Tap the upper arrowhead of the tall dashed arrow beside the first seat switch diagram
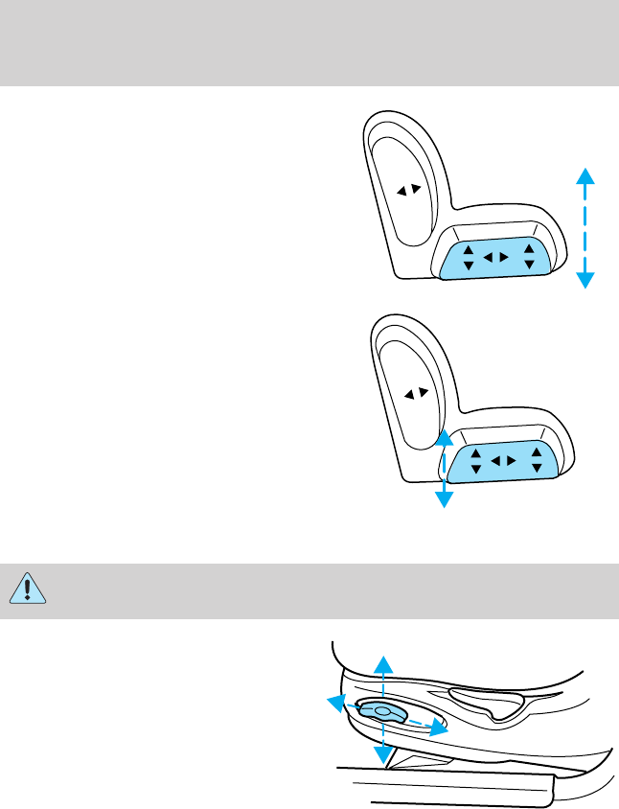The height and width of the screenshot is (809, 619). click(x=585, y=173)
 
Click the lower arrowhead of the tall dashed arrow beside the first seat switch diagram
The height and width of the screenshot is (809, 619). click(x=585, y=280)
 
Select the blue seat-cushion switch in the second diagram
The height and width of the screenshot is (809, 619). click(x=502, y=463)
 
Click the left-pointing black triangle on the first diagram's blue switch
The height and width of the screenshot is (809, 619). click(x=488, y=257)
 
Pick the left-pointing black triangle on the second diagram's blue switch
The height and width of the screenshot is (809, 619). click(x=495, y=463)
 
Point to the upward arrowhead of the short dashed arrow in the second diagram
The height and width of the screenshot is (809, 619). click(x=443, y=437)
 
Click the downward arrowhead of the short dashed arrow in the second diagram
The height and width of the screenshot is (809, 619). click(x=443, y=498)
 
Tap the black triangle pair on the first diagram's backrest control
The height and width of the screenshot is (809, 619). click(x=409, y=190)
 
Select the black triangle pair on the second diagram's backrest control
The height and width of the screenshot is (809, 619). click(x=415, y=393)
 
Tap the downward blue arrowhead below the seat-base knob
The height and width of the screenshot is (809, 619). click(x=382, y=758)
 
